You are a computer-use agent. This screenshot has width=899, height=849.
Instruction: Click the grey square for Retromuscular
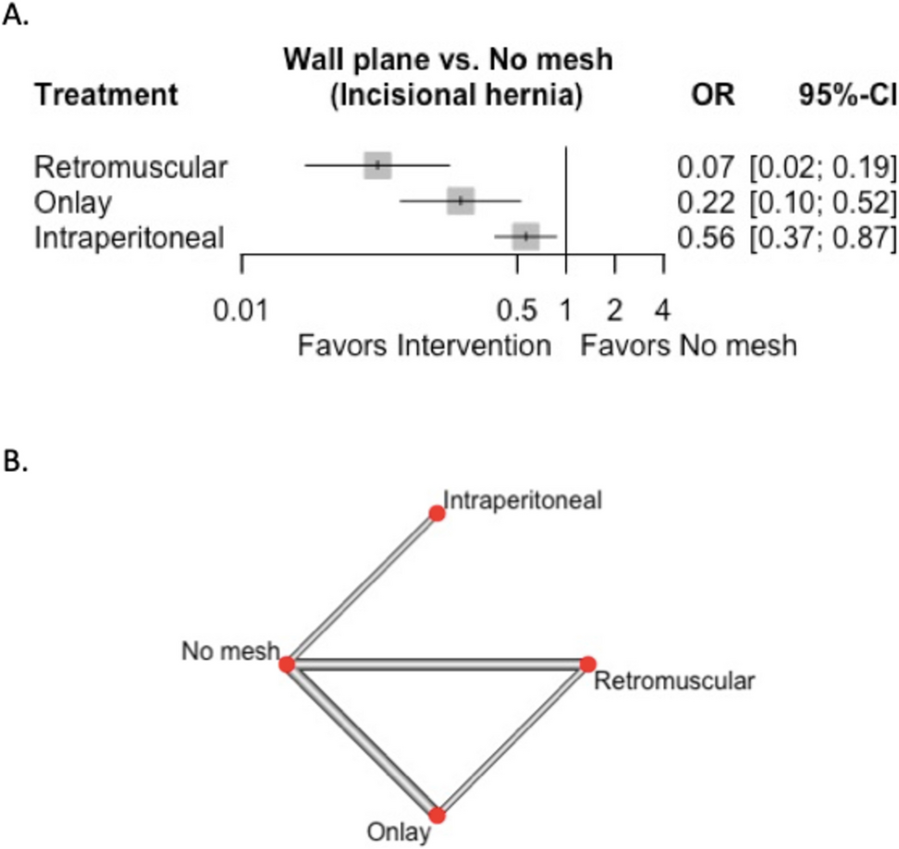click(x=377, y=166)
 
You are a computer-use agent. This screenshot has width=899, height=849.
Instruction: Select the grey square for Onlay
click(x=460, y=201)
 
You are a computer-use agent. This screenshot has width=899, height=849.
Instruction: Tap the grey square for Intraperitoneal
click(x=525, y=236)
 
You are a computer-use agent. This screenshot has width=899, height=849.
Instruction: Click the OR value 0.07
click(x=706, y=167)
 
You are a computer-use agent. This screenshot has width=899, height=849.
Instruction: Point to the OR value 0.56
click(x=706, y=238)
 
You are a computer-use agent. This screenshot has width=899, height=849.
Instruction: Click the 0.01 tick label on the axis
click(x=241, y=310)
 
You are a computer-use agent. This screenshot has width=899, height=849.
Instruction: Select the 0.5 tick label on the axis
click(x=518, y=310)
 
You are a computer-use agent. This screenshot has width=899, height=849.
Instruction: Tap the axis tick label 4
click(x=662, y=310)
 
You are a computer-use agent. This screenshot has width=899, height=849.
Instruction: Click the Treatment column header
click(x=106, y=95)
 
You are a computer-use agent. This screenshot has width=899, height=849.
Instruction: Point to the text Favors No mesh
click(x=688, y=345)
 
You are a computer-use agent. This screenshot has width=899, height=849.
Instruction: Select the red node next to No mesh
click(x=287, y=664)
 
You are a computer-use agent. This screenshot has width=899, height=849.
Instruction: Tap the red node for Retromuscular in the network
click(x=587, y=664)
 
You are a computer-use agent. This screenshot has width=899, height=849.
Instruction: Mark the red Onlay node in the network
click(x=437, y=816)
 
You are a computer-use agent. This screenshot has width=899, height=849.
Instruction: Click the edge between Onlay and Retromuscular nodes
click(x=512, y=740)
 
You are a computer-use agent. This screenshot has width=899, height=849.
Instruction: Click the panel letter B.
click(x=17, y=461)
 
